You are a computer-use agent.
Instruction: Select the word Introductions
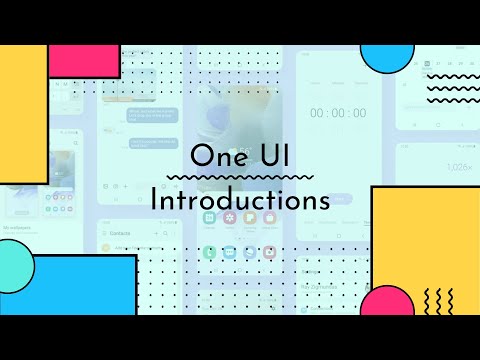240,199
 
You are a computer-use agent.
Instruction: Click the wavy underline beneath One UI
240,178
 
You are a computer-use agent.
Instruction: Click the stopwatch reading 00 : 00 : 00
338,113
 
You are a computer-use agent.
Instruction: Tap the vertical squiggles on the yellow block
439,299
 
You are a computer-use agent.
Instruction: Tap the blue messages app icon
230,252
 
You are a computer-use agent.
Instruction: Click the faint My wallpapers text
18,229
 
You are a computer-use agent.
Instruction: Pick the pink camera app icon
269,252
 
